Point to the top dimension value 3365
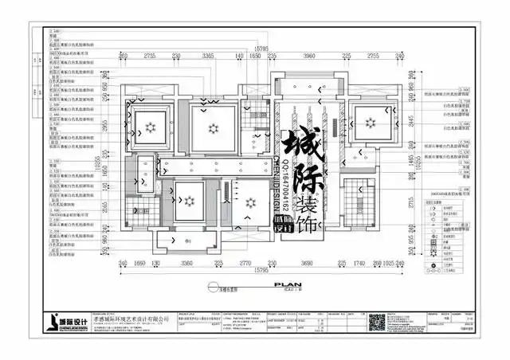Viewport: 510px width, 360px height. click(x=208, y=56)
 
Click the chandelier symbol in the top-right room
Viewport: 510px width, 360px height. click(x=369, y=121)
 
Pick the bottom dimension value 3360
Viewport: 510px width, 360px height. click(x=188, y=263)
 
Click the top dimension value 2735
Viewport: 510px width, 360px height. click(x=149, y=56)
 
